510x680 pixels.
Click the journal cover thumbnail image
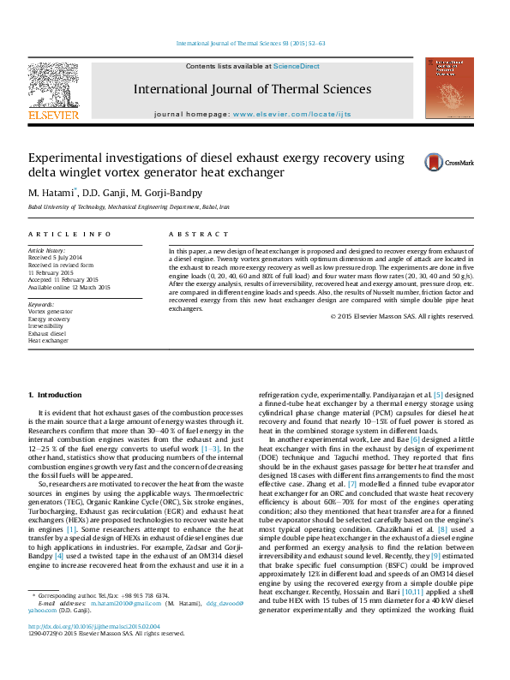click(x=448, y=88)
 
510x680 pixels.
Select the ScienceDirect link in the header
click(x=297, y=66)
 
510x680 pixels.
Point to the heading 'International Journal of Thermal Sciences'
click(x=252, y=89)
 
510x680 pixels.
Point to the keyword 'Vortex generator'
click(x=51, y=312)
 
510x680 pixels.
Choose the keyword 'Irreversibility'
click(x=46, y=326)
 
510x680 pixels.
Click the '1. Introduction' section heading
click(x=54, y=395)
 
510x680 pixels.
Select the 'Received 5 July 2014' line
click(x=56, y=257)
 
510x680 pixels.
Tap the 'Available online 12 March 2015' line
click(x=69, y=287)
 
